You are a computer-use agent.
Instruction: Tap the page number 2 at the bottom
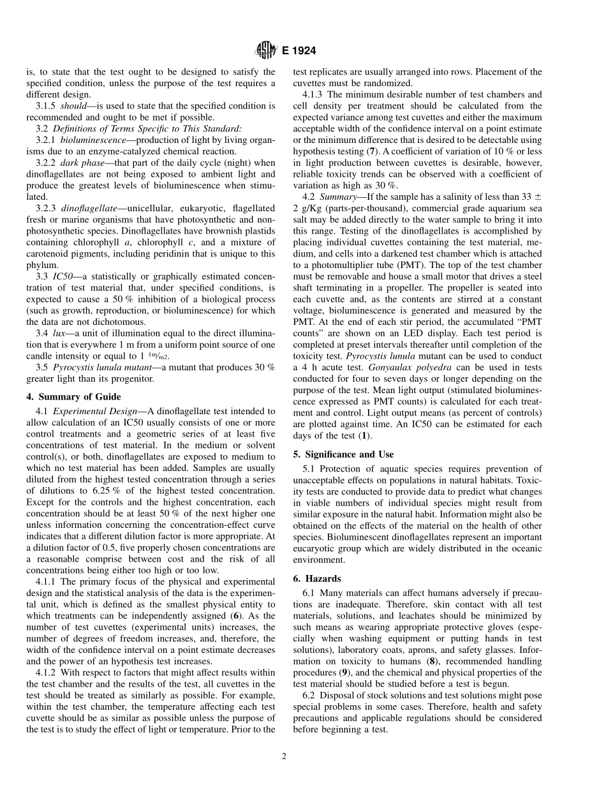coord(285,757)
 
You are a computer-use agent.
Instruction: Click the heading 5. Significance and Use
coord(343,454)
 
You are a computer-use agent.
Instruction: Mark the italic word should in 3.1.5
coord(73,105)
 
